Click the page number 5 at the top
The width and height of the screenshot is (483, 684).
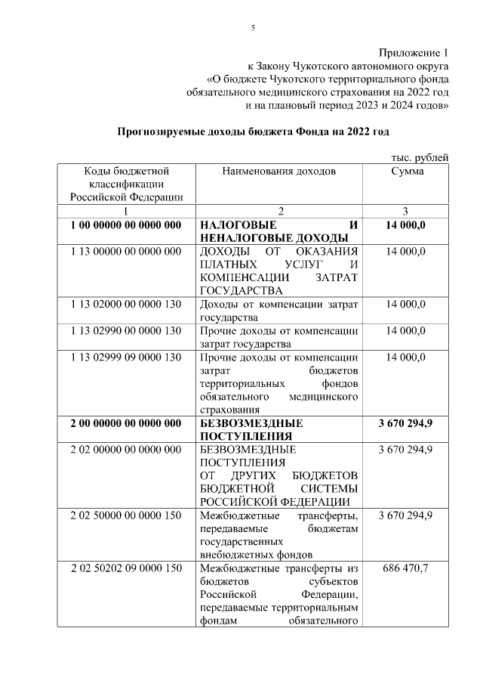pos(253,28)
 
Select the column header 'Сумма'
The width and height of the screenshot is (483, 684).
pos(407,172)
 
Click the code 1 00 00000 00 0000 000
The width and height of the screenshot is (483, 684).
pos(126,225)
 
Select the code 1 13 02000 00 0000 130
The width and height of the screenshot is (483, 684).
pos(126,304)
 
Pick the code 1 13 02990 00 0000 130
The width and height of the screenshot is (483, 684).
pos(126,330)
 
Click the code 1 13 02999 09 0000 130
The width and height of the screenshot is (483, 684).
pos(126,357)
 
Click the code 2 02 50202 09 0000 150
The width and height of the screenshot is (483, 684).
pos(126,568)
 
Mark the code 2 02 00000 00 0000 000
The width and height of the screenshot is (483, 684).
pos(126,449)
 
